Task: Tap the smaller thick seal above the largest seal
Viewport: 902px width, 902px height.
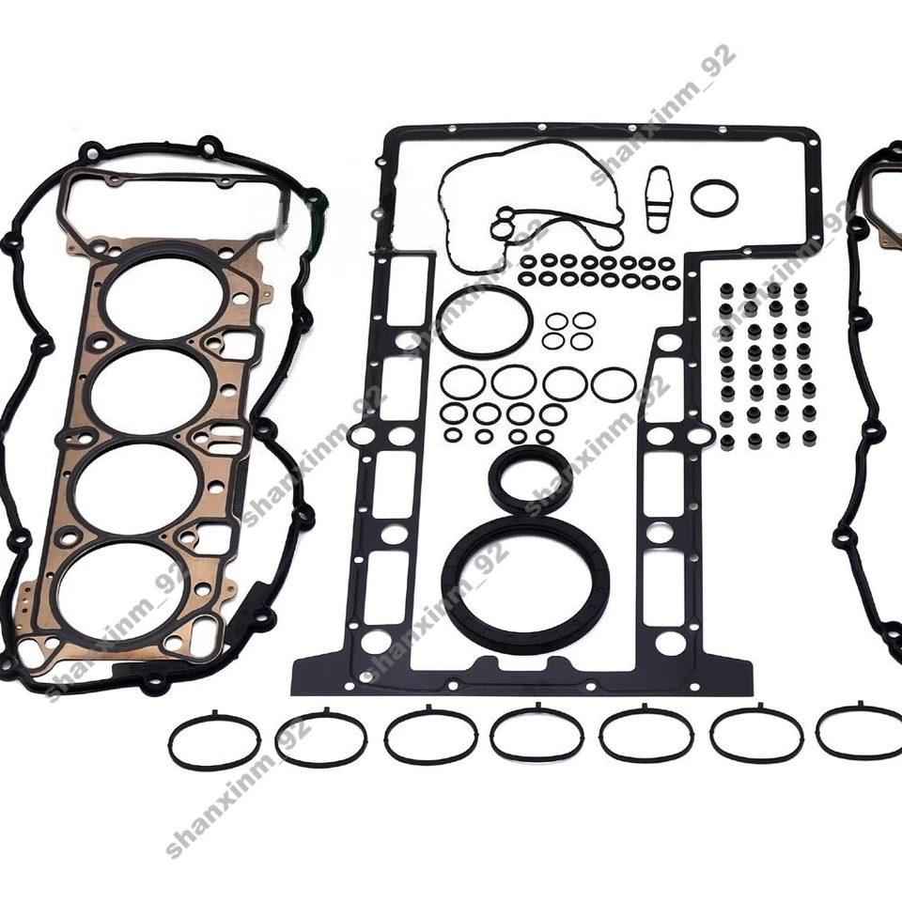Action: pyautogui.click(x=526, y=480)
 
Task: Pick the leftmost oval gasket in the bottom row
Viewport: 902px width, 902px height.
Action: pyautogui.click(x=214, y=742)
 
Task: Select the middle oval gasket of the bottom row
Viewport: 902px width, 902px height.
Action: pyautogui.click(x=537, y=734)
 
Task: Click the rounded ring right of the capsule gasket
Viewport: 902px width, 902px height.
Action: pyautogui.click(x=714, y=197)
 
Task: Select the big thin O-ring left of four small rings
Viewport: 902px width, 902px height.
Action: pyautogui.click(x=485, y=321)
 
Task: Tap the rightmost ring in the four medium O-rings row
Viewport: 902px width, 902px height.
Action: pyautogui.click(x=613, y=382)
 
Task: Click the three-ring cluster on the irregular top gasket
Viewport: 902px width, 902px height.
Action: pyautogui.click(x=505, y=225)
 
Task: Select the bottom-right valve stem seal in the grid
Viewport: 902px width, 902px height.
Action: pyautogui.click(x=809, y=438)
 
